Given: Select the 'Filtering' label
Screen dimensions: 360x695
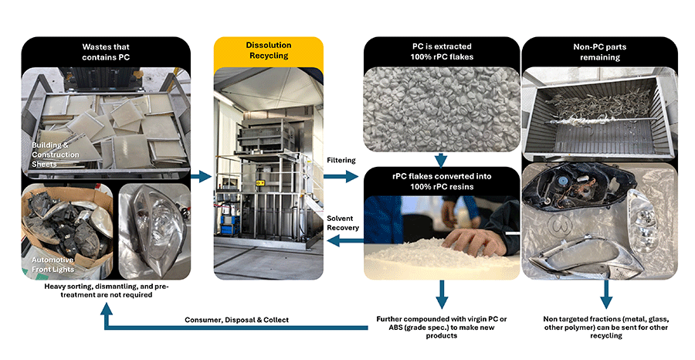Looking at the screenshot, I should (340, 160).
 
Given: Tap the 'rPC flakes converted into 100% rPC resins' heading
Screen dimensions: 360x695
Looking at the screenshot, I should (440, 180).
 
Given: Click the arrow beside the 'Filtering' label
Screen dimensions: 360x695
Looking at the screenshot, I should (340, 177).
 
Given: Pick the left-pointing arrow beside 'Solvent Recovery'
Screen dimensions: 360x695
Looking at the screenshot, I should (340, 243).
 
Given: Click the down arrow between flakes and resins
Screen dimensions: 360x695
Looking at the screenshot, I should (441, 160).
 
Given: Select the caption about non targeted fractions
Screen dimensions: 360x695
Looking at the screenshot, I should (605, 325).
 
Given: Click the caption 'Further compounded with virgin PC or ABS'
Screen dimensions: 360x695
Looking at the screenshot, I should (440, 325).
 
